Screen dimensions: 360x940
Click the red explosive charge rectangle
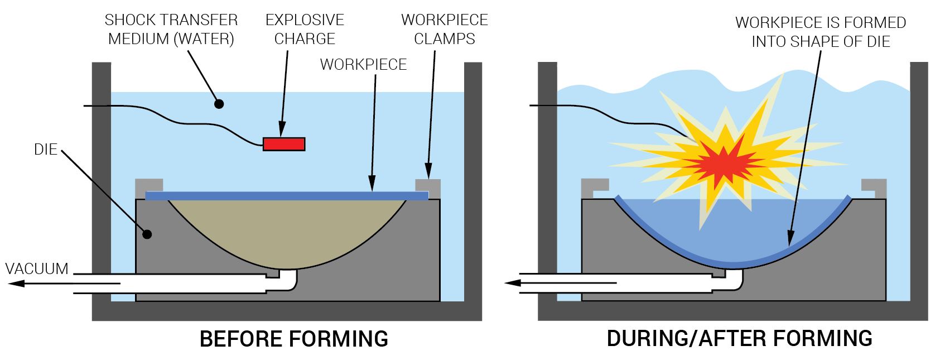pos(284,144)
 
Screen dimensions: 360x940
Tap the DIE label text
pos(46,150)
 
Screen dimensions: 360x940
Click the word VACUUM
pos(37,268)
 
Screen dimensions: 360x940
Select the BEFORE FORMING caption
pos(293,339)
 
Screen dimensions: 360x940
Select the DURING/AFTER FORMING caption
pos(739,339)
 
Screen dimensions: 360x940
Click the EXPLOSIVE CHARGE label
pos(305,30)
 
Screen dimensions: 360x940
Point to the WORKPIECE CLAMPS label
pos(444,30)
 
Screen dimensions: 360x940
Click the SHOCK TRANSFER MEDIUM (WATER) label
pos(171,30)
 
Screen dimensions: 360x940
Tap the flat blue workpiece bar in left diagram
pos(286,195)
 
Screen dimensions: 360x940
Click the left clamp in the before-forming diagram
pos(148,185)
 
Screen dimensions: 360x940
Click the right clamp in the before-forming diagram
pos(428,185)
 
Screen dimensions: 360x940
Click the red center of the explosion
pos(721,162)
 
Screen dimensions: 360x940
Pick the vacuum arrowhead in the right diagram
pos(512,283)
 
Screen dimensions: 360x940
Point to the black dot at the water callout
pos(219,104)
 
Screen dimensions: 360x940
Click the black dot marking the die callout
pos(147,234)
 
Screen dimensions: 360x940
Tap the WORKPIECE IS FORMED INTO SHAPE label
pos(820,32)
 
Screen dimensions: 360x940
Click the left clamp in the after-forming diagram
pos(594,185)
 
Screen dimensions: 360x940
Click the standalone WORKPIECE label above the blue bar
pos(363,65)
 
